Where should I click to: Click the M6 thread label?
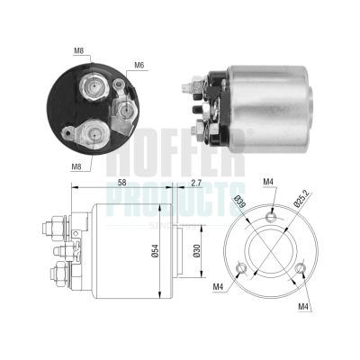[139, 65]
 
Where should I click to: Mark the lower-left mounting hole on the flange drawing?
[240, 267]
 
